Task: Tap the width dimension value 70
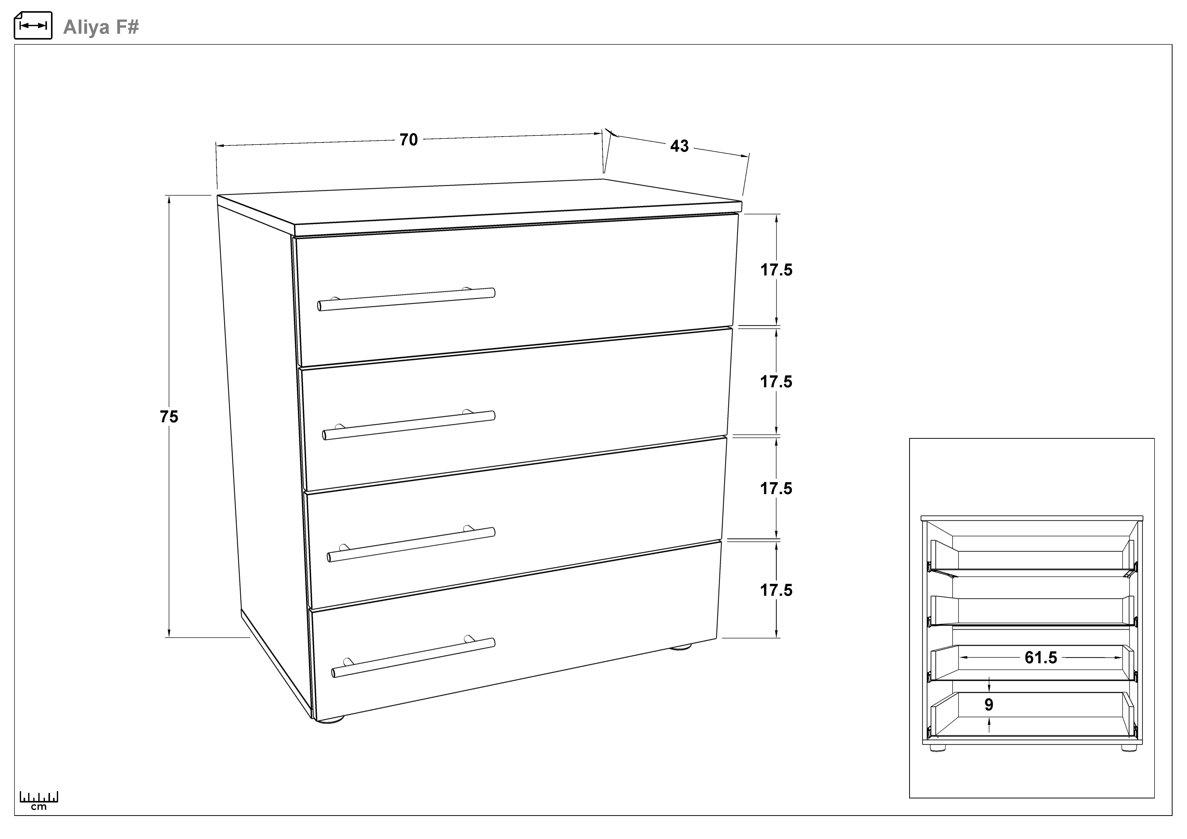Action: click(x=409, y=139)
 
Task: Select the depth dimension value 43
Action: click(x=679, y=146)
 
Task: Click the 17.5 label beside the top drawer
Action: click(x=776, y=270)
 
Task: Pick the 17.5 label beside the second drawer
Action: click(x=776, y=382)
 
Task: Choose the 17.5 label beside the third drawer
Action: click(x=776, y=488)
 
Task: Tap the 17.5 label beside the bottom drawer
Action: click(x=776, y=590)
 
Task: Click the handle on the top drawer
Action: click(x=406, y=299)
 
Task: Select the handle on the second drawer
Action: click(x=409, y=425)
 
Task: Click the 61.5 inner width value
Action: click(x=1041, y=658)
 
